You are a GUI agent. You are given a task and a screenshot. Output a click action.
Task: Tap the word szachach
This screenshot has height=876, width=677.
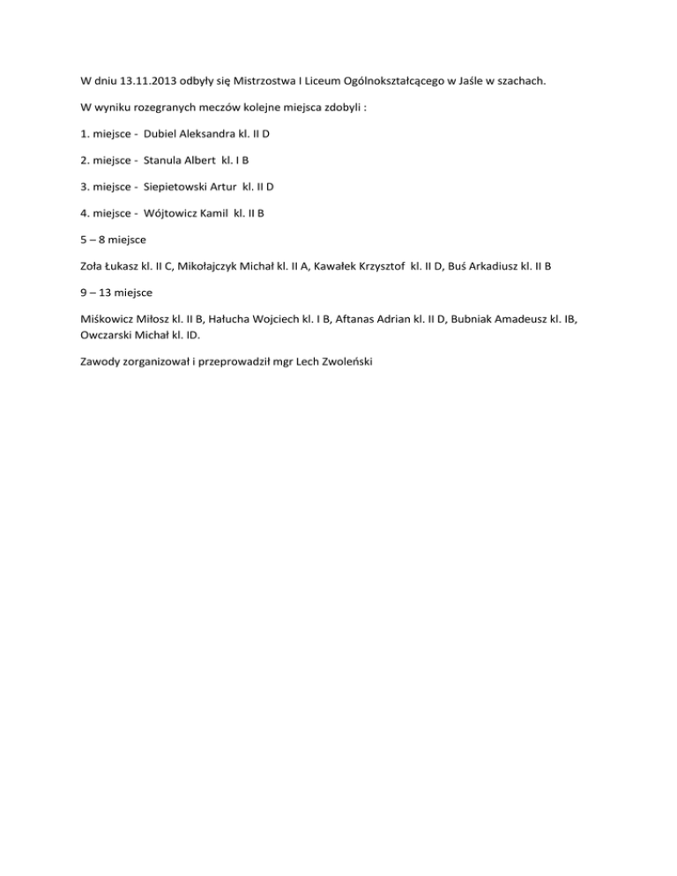[x=519, y=82]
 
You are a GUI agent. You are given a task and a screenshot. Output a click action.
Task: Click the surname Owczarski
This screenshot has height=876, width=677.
[x=97, y=334]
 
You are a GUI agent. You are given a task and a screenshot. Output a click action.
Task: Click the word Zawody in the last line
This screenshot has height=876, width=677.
[x=90, y=360]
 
